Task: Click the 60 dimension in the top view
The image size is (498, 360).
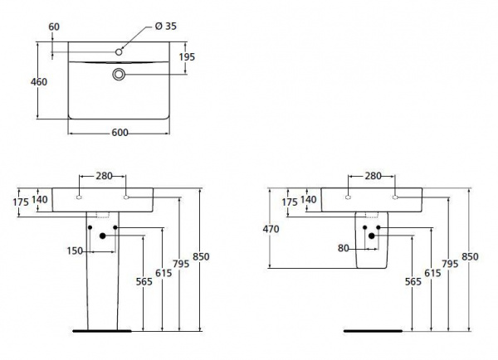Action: pyautogui.click(x=55, y=26)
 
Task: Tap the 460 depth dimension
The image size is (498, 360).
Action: pyautogui.click(x=38, y=81)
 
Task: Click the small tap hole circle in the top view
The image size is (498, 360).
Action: pyautogui.click(x=120, y=51)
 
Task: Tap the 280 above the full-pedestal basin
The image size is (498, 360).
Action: pyautogui.click(x=103, y=176)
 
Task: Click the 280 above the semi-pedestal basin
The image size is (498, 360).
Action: pyautogui.click(x=373, y=175)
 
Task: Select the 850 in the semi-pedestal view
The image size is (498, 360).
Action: pyautogui.click(x=471, y=257)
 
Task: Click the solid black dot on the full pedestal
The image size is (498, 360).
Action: pyautogui.click(x=102, y=236)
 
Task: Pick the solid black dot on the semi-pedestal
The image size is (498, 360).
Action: pyautogui.click(x=373, y=236)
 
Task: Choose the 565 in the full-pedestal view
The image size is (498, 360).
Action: pyautogui.click(x=143, y=281)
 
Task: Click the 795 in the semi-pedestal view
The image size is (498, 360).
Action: pyautogui.click(x=449, y=265)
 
